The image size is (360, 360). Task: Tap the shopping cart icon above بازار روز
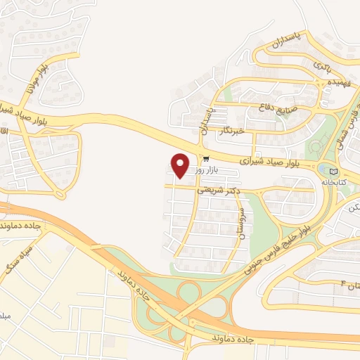pos(205,159)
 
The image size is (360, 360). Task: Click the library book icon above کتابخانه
pos(333,171)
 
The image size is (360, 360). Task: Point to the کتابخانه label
pos(335,182)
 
